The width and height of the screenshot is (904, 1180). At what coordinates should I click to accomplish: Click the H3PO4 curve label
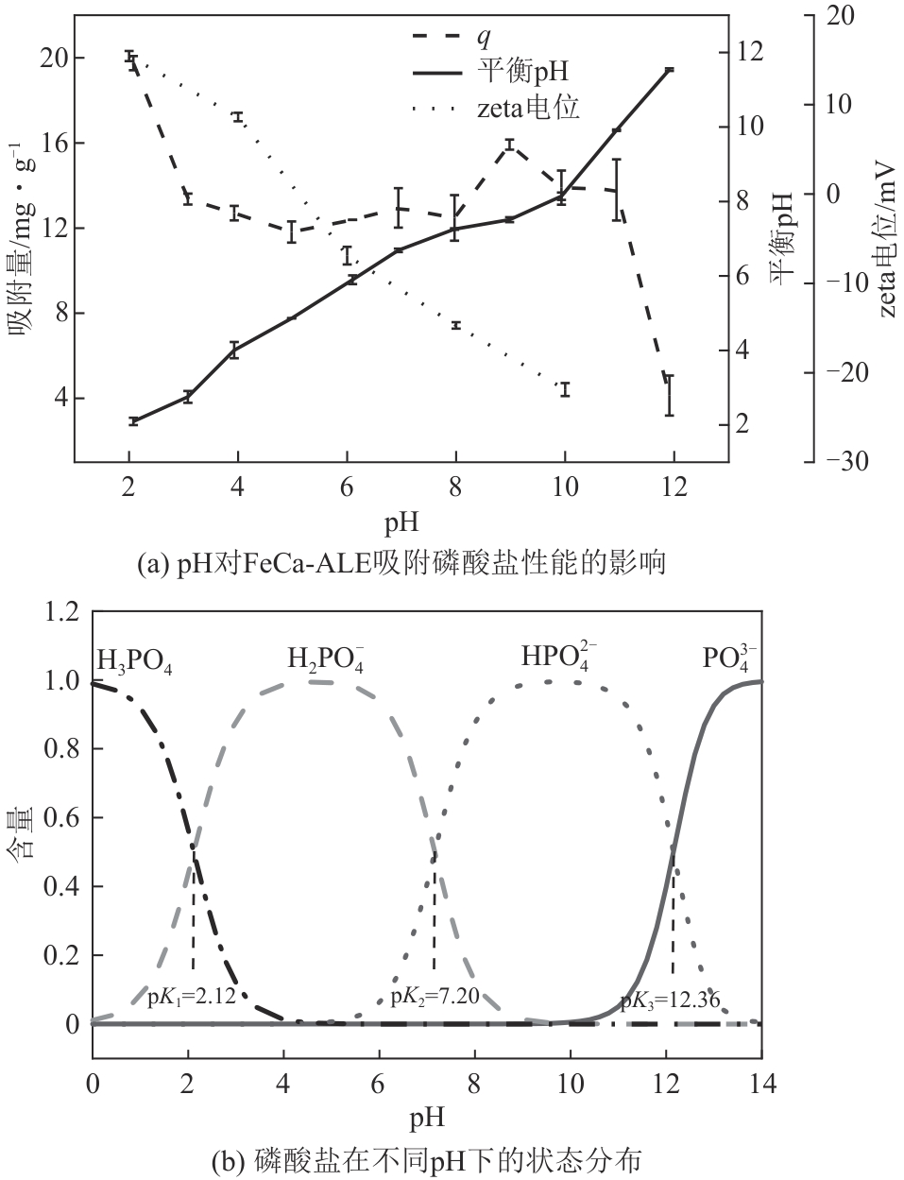pyautogui.click(x=134, y=658)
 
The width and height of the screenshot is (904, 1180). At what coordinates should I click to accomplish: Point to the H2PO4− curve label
pyautogui.click(x=326, y=658)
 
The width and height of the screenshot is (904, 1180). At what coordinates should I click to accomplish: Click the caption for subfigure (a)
pyautogui.click(x=401, y=564)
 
